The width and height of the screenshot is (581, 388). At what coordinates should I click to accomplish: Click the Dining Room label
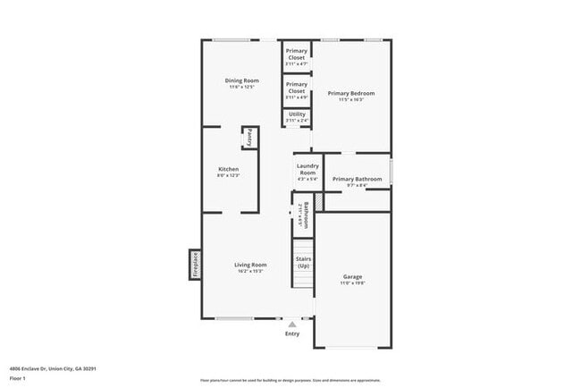(x=241, y=81)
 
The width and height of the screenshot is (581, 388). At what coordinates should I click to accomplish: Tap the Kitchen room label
(x=229, y=169)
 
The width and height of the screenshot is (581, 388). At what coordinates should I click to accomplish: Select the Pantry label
(x=250, y=139)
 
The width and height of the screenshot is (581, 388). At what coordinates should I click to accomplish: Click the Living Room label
(x=250, y=265)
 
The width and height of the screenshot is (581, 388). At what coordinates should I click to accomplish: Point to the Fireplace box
(x=195, y=265)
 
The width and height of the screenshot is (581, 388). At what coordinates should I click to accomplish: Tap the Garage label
(x=352, y=276)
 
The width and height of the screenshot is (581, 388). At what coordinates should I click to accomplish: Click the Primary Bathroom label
(x=357, y=179)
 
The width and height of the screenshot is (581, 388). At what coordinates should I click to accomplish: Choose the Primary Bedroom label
(x=350, y=93)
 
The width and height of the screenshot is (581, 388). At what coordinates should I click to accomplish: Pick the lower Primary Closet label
(x=296, y=89)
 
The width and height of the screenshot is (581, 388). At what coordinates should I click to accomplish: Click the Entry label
(x=292, y=333)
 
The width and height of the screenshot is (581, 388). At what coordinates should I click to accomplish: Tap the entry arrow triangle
(x=292, y=325)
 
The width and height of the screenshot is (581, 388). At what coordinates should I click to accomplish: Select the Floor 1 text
(x=19, y=378)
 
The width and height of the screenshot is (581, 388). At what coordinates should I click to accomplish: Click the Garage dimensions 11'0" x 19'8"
(x=352, y=283)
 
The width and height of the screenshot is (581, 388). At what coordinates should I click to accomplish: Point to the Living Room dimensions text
(x=250, y=272)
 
